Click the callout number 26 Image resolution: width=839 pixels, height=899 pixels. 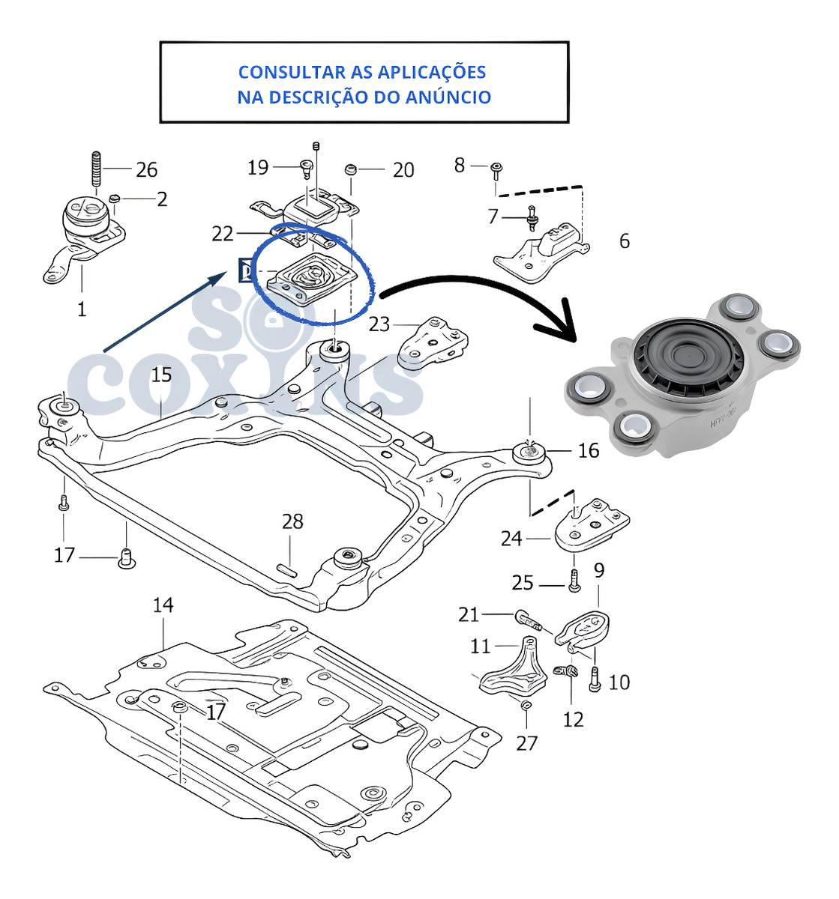pyautogui.click(x=146, y=170)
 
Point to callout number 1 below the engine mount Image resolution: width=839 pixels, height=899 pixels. pyautogui.click(x=82, y=309)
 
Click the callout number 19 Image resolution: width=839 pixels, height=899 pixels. pyautogui.click(x=258, y=167)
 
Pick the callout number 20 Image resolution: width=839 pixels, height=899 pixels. pyautogui.click(x=403, y=171)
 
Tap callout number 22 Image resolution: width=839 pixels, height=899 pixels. pyautogui.click(x=223, y=234)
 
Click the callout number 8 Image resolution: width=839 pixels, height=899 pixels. pyautogui.click(x=460, y=165)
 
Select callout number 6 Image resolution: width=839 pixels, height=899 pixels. pyautogui.click(x=624, y=241)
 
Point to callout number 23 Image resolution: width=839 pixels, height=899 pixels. pyautogui.click(x=379, y=324)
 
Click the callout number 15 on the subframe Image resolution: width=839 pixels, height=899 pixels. pyautogui.click(x=161, y=374)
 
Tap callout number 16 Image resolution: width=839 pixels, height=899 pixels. pyautogui.click(x=589, y=450)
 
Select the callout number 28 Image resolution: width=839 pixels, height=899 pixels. pyautogui.click(x=292, y=521)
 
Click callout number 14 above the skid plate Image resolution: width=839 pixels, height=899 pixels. pyautogui.click(x=163, y=604)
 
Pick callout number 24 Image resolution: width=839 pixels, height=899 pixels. pyautogui.click(x=511, y=538)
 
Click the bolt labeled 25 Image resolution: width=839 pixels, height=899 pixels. pyautogui.click(x=574, y=581)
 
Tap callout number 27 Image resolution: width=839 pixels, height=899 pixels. pyautogui.click(x=527, y=742)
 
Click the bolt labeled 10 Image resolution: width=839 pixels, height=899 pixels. pyautogui.click(x=595, y=679)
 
